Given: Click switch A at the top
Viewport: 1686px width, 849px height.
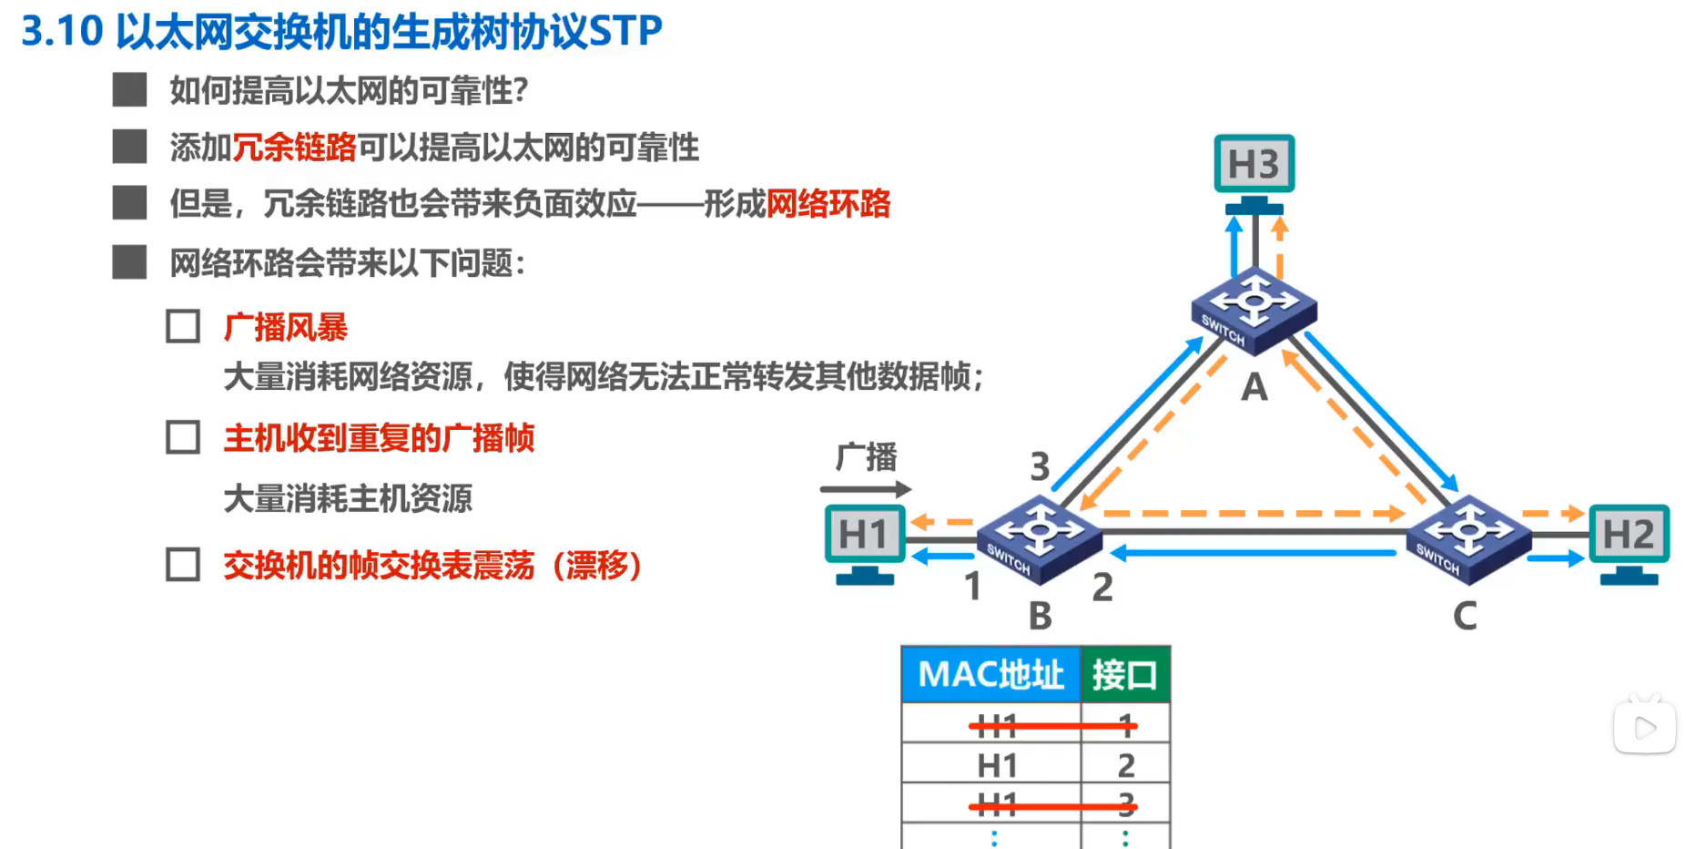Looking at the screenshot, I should (1254, 310).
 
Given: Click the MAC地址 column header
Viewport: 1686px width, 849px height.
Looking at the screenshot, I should (990, 675).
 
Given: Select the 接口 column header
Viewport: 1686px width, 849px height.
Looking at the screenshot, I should (1125, 675).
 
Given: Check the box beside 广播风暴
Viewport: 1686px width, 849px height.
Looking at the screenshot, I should (183, 326).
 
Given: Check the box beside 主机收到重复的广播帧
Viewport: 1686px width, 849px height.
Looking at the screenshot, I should (183, 437).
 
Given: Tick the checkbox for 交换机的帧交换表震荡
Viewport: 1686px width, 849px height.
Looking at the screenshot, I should (183, 565).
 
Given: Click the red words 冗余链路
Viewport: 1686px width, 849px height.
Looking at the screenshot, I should (294, 148).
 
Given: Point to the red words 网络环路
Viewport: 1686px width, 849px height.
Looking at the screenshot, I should (828, 204).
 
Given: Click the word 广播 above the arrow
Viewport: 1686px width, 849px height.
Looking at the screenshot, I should (867, 456).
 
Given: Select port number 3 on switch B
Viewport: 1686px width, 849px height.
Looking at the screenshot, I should (1040, 466).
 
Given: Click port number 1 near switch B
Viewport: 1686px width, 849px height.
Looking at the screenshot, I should (972, 586).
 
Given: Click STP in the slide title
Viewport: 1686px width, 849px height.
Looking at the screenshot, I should (625, 31).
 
